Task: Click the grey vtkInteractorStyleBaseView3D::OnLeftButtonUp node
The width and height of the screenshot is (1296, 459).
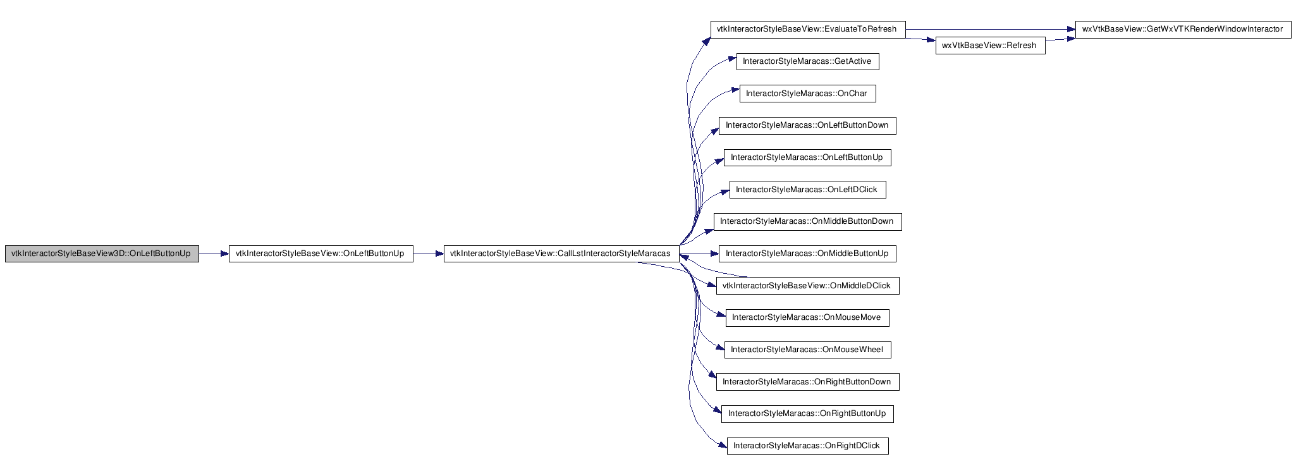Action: tap(102, 254)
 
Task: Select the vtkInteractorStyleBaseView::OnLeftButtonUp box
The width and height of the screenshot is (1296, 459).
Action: tap(321, 254)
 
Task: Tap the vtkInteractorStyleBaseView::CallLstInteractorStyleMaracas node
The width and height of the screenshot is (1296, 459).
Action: tap(561, 254)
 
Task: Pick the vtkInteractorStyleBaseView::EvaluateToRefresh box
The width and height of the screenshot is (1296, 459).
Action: tap(808, 29)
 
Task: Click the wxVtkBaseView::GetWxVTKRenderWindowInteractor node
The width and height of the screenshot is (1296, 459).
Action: tap(1183, 29)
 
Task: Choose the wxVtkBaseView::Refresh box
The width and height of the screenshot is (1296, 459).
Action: tap(990, 46)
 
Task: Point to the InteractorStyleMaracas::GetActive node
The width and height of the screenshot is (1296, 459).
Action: tap(807, 61)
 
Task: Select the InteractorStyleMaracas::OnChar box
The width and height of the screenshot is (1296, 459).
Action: tap(807, 94)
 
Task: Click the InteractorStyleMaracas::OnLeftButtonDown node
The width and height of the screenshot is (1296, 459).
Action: tap(807, 125)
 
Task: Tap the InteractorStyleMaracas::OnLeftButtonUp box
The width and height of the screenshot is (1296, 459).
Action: tap(807, 157)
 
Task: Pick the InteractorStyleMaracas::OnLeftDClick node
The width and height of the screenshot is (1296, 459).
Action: tap(807, 190)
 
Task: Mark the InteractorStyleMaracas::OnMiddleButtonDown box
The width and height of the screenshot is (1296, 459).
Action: tap(807, 221)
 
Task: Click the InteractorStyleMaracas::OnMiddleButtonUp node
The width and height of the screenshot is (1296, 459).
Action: tap(807, 254)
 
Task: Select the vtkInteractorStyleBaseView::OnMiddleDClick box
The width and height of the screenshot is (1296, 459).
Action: tap(807, 286)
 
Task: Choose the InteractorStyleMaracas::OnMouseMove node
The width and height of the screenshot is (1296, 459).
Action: tap(807, 317)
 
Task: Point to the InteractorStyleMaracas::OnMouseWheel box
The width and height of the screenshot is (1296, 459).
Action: tap(807, 350)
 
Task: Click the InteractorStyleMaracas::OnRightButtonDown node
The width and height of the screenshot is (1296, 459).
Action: tap(807, 382)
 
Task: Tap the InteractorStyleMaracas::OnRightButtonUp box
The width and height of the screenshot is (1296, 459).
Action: tap(807, 413)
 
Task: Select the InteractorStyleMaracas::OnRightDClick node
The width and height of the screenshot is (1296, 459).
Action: tap(807, 446)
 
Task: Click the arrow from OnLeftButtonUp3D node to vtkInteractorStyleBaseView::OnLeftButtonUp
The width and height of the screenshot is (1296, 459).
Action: tap(214, 254)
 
